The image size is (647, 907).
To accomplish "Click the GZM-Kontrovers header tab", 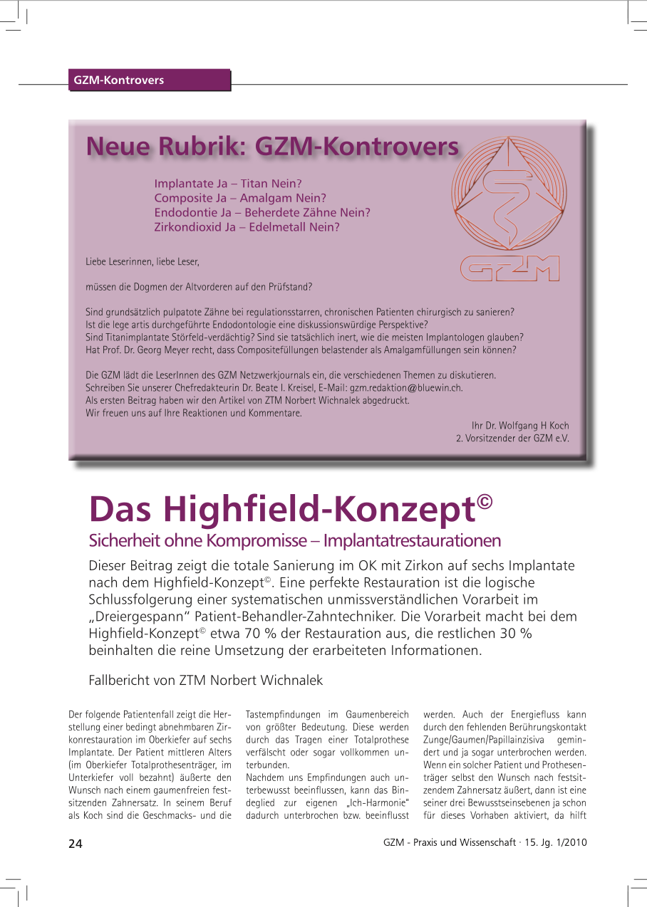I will pyautogui.click(x=119, y=80).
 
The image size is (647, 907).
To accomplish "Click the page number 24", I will pyautogui.click(x=76, y=844).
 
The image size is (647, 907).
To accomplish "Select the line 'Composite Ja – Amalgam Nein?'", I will pyautogui.click(x=240, y=198).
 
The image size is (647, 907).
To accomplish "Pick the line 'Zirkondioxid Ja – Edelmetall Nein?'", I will pyautogui.click(x=247, y=228).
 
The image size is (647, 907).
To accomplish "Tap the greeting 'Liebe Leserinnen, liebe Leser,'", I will pyautogui.click(x=143, y=262).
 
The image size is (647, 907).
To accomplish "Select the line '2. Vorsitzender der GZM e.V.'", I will pyautogui.click(x=512, y=439).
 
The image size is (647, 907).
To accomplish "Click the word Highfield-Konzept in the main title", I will pyautogui.click(x=319, y=508).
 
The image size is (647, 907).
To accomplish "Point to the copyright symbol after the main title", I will pyautogui.click(x=485, y=500).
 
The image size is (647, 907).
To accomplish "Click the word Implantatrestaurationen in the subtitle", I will pyautogui.click(x=412, y=541).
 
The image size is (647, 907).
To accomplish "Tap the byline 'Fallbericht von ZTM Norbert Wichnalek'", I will pyautogui.click(x=205, y=681).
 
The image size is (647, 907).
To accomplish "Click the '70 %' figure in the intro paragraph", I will pyautogui.click(x=224, y=634).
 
